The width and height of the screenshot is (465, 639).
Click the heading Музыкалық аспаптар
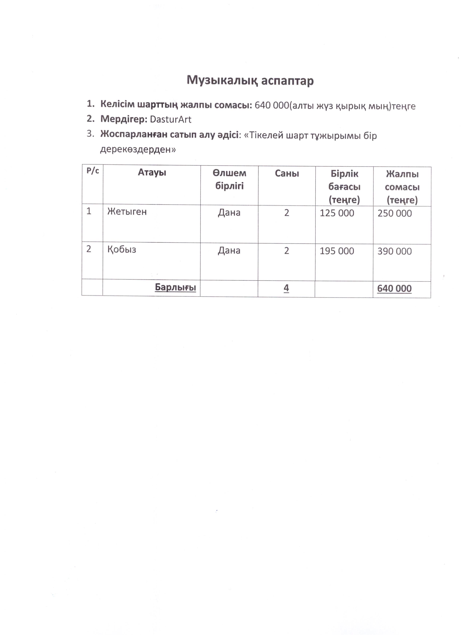[250, 81]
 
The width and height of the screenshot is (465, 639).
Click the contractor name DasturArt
[171, 119]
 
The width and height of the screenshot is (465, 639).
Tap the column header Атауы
[152, 172]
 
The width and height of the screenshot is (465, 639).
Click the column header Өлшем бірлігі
[229, 180]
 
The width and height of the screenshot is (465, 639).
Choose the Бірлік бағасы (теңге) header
[344, 187]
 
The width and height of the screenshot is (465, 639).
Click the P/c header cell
[93, 171]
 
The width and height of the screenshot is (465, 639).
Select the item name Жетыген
[127, 212]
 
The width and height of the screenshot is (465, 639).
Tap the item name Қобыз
[122, 250]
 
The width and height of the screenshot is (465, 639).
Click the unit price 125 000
[337, 213]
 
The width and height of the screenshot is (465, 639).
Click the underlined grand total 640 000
[394, 289]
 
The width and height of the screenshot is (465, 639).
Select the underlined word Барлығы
[175, 287]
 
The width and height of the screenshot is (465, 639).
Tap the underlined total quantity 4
[286, 288]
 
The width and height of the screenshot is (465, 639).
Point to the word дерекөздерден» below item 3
[138, 150]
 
